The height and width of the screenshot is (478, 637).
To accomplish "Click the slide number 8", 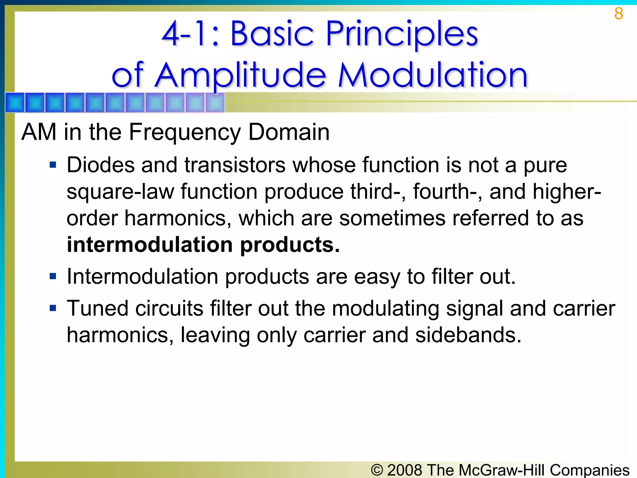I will (618, 14).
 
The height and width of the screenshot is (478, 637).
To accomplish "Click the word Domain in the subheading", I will (289, 132).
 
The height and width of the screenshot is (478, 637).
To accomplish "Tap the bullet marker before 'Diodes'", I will (53, 165).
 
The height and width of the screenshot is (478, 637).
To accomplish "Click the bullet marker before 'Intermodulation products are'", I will (53, 276).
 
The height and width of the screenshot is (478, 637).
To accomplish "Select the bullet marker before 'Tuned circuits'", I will (53, 308).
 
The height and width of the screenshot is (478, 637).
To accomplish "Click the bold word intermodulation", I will (150, 245).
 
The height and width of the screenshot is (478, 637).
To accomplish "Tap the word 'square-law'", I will (120, 192).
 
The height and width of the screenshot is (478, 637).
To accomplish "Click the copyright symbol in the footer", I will (377, 470).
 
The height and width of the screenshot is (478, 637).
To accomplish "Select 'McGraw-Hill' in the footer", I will (502, 470).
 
